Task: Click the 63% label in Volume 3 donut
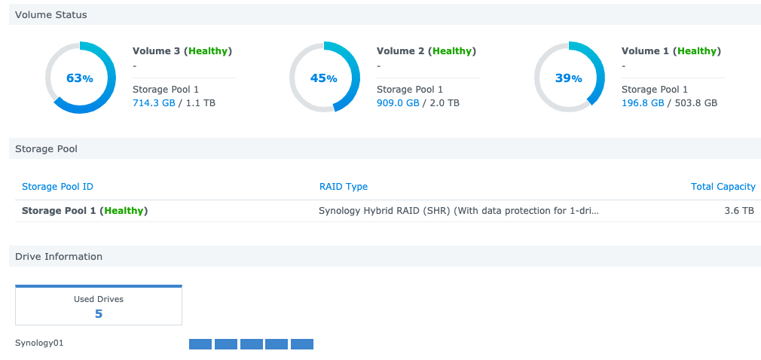pyautogui.click(x=80, y=78)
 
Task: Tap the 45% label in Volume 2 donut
pyautogui.click(x=324, y=78)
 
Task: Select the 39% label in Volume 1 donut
pyautogui.click(x=569, y=78)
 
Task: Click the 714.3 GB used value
pyautogui.click(x=154, y=102)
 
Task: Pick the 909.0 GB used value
pyautogui.click(x=398, y=102)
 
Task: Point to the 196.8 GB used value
pyautogui.click(x=643, y=102)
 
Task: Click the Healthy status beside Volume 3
pyautogui.click(x=209, y=51)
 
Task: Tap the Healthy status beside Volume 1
pyautogui.click(x=698, y=51)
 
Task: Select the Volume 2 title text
pyautogui.click(x=400, y=51)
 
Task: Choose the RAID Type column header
pyautogui.click(x=344, y=187)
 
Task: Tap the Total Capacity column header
pyautogui.click(x=723, y=187)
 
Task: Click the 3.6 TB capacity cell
pyautogui.click(x=739, y=211)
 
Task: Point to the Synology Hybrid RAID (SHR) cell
pyautogui.click(x=459, y=211)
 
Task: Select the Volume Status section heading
pyautogui.click(x=50, y=15)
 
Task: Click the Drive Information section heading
pyautogui.click(x=59, y=257)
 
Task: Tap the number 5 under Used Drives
pyautogui.click(x=99, y=313)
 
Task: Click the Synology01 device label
pyautogui.click(x=39, y=343)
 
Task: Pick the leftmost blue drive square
pyautogui.click(x=200, y=344)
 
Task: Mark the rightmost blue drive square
pyautogui.click(x=302, y=344)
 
